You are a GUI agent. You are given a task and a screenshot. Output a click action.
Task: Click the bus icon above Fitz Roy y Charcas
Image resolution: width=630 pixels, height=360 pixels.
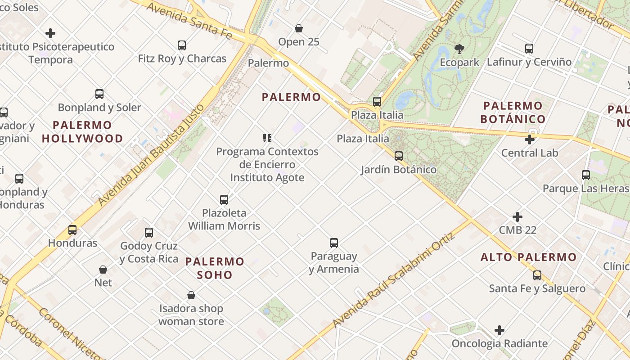[182, 45]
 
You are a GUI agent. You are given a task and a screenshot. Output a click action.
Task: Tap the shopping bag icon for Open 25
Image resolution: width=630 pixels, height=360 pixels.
[299, 29]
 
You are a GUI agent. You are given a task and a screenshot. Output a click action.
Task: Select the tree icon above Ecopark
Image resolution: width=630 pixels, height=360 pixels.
[459, 49]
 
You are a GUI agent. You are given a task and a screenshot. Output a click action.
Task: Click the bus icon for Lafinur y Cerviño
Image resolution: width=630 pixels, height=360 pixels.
[529, 49]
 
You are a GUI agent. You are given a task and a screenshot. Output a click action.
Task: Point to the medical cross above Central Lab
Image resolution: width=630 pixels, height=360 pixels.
[530, 139]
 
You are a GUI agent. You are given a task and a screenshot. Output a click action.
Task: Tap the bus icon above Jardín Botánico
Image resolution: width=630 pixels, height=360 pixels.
[399, 156]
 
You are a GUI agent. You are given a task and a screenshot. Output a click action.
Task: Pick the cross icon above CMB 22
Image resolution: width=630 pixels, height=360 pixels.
[517, 217]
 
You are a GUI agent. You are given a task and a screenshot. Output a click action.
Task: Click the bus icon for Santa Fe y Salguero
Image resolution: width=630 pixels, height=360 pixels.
[537, 275]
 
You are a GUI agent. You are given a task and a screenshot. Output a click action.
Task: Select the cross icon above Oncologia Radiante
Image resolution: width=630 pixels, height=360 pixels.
[499, 331]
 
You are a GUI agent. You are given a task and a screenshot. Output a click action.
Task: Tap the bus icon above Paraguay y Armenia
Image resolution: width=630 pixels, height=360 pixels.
[334, 243]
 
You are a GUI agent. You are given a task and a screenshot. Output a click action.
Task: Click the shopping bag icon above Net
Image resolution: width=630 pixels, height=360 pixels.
[103, 270]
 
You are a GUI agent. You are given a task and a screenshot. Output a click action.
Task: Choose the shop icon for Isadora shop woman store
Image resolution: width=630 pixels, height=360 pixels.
[191, 296]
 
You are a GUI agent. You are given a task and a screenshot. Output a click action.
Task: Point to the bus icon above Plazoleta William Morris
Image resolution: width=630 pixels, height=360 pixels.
[224, 200]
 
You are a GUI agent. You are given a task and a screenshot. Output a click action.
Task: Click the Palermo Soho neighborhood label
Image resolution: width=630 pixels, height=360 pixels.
[215, 268]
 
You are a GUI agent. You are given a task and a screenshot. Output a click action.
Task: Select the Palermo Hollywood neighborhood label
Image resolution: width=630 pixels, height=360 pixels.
[82, 131]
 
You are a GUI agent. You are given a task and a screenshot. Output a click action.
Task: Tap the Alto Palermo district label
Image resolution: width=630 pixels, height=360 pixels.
[528, 257]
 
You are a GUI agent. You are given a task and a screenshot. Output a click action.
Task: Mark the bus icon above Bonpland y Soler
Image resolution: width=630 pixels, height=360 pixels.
[99, 94]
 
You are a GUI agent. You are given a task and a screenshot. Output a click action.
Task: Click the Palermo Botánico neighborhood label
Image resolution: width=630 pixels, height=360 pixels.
[513, 112]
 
